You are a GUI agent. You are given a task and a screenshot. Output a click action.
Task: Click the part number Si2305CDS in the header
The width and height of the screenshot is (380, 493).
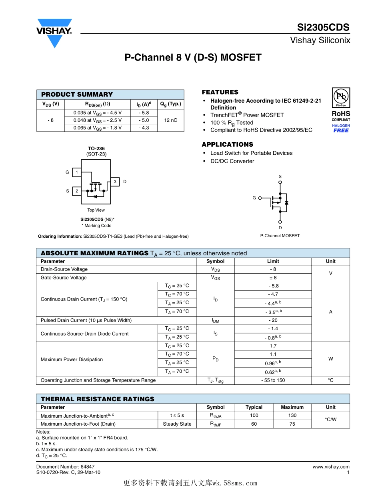(x=323, y=28)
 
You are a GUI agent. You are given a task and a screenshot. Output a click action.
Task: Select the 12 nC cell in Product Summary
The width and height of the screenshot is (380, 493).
(x=170, y=120)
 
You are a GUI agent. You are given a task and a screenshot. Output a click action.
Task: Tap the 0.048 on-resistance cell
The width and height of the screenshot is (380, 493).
(x=97, y=120)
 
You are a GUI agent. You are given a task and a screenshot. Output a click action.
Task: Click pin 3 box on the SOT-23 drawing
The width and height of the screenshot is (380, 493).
(x=115, y=182)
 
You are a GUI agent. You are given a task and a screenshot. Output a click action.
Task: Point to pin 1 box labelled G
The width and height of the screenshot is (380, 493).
(x=76, y=172)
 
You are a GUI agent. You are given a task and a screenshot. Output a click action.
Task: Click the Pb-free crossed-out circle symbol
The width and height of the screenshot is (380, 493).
(x=341, y=96)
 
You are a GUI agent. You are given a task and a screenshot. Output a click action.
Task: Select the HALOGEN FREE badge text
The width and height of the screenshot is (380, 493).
(x=341, y=128)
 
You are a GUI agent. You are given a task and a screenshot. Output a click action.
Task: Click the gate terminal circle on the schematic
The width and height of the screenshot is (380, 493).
(x=260, y=198)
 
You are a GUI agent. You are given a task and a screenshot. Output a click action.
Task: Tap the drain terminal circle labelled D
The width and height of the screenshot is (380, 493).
(x=280, y=222)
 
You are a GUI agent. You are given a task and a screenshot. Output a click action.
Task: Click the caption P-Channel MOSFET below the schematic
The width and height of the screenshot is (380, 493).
(x=280, y=236)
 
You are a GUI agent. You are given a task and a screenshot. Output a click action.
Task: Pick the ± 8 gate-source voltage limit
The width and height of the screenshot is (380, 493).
(x=273, y=278)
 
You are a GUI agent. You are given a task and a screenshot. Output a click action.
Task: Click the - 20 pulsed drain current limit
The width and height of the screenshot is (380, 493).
(x=273, y=320)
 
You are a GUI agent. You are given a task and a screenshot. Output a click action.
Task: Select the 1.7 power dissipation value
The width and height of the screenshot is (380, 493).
(x=273, y=346)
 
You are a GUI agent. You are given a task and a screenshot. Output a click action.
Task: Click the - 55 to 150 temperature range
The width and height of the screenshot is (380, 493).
(x=273, y=380)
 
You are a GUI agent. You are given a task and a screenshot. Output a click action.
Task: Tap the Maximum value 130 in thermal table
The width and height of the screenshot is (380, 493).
(x=292, y=416)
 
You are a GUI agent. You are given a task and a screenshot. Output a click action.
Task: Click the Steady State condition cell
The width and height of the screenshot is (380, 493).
(x=177, y=424)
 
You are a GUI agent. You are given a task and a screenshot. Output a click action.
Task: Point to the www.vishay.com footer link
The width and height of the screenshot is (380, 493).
(x=331, y=467)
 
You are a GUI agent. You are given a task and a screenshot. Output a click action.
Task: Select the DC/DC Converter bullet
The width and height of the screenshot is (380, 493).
(x=232, y=161)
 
